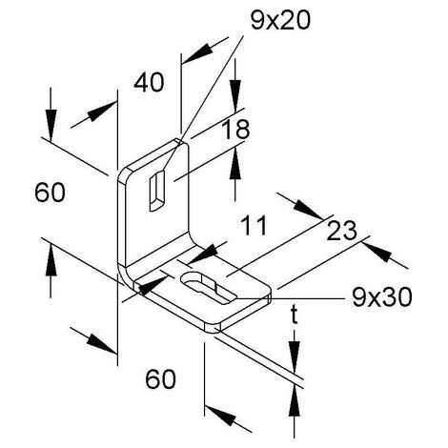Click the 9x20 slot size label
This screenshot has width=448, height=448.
click(x=280, y=21)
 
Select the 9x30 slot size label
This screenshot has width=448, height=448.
click(x=381, y=297)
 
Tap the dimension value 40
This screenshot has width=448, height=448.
click(x=149, y=83)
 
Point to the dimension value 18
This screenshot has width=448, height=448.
click(x=235, y=130)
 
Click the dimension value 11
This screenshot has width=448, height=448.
click(x=254, y=225)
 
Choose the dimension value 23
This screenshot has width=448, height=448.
click(x=341, y=231)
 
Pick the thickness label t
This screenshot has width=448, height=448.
click(x=295, y=316)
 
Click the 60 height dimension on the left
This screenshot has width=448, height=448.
click(x=50, y=193)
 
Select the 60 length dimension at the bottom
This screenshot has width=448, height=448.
click(x=160, y=378)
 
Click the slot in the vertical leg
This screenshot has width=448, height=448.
click(x=157, y=191)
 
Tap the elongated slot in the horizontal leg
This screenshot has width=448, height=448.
click(x=208, y=288)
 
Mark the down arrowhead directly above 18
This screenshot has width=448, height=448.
click(x=235, y=96)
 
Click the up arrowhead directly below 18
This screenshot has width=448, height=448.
click(x=235, y=165)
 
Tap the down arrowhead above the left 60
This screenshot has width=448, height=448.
click(x=51, y=125)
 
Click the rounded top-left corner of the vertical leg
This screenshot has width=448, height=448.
click(x=123, y=173)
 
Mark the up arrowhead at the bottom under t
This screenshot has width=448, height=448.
click(x=295, y=400)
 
